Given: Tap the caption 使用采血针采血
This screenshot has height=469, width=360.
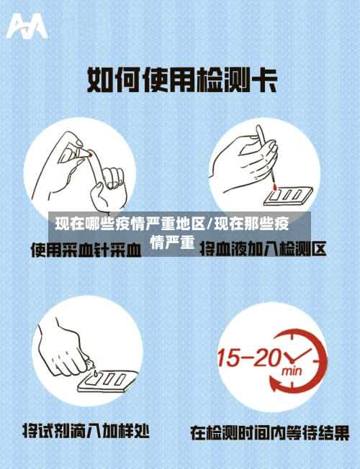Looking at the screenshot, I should (x=85, y=250).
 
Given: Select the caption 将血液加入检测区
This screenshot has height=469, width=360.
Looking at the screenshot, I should (x=263, y=250).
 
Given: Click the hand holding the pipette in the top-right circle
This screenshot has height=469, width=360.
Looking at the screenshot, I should (x=245, y=162).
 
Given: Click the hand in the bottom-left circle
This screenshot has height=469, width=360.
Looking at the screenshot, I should (x=65, y=349).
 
